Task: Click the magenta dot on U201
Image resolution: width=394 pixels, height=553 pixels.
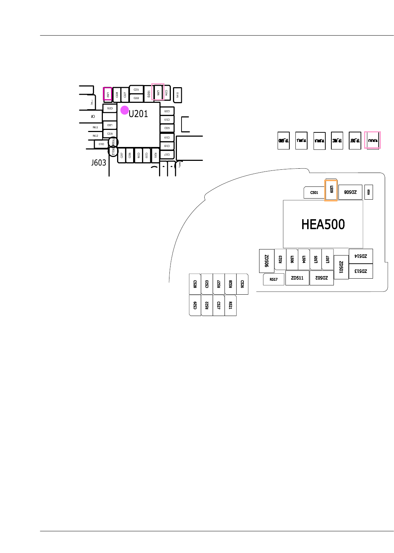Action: [x=124, y=110]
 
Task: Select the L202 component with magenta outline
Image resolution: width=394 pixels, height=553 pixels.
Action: [x=107, y=94]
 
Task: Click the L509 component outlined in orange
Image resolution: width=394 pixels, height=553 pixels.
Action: [x=331, y=190]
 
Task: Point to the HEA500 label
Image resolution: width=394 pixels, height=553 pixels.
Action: [x=323, y=225]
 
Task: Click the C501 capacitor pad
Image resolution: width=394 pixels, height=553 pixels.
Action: [x=314, y=193]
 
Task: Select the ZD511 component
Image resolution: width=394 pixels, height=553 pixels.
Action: [x=297, y=278]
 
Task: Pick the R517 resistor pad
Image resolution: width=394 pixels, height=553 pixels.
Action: [x=273, y=279]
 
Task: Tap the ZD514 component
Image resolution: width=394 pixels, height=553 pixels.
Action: [x=361, y=256]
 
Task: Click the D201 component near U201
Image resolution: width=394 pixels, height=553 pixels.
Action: [x=149, y=94]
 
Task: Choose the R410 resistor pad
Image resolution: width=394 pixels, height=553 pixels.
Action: [x=177, y=95]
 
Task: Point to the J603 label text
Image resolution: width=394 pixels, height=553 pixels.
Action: [x=99, y=163]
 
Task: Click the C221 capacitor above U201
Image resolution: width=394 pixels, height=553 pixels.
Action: [x=136, y=89]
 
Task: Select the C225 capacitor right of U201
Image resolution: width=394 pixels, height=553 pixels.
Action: [x=167, y=128]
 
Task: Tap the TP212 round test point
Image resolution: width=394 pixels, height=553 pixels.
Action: [x=113, y=152]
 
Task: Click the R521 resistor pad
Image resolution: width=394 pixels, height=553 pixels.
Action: [x=230, y=305]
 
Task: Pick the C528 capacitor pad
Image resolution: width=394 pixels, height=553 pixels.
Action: [x=195, y=284]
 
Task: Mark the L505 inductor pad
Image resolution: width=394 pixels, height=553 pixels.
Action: [x=316, y=259]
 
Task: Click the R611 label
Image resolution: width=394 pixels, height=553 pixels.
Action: [x=95, y=127]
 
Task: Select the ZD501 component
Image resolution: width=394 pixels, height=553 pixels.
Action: [x=341, y=267]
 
